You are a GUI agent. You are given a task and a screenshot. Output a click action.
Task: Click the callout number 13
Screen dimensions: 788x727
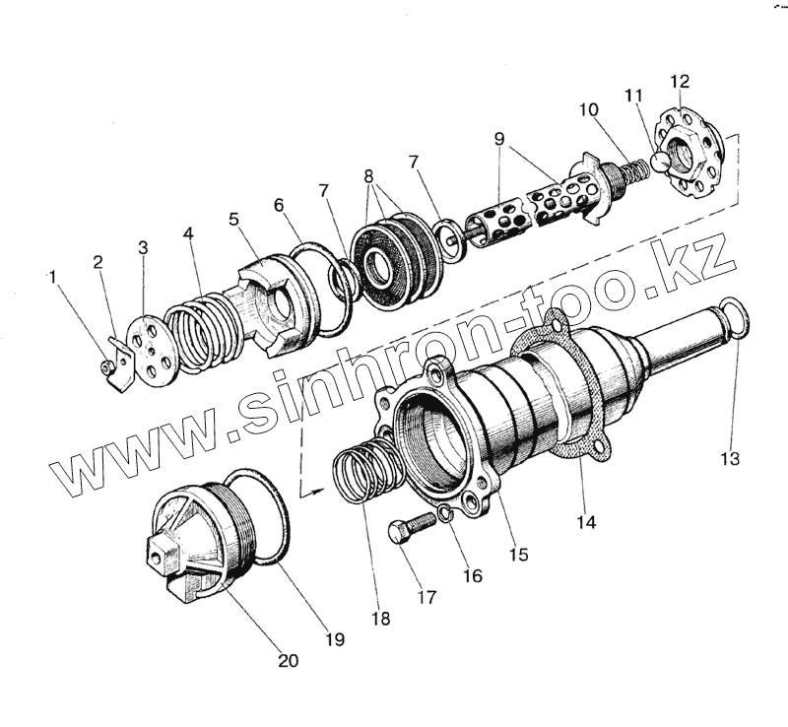[730, 458]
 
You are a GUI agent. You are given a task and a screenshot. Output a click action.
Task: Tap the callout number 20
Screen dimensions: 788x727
[289, 660]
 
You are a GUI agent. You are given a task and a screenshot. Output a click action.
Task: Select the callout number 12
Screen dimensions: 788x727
[680, 81]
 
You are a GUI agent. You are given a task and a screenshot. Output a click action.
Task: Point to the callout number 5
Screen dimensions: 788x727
[233, 220]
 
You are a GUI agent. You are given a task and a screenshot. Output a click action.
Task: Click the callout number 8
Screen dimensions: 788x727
[368, 176]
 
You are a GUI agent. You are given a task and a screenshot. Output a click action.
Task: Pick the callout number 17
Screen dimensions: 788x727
[427, 597]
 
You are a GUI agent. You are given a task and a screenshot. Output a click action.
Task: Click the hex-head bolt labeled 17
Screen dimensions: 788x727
[411, 530]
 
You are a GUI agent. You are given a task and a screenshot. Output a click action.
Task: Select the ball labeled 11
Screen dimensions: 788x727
[659, 163]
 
